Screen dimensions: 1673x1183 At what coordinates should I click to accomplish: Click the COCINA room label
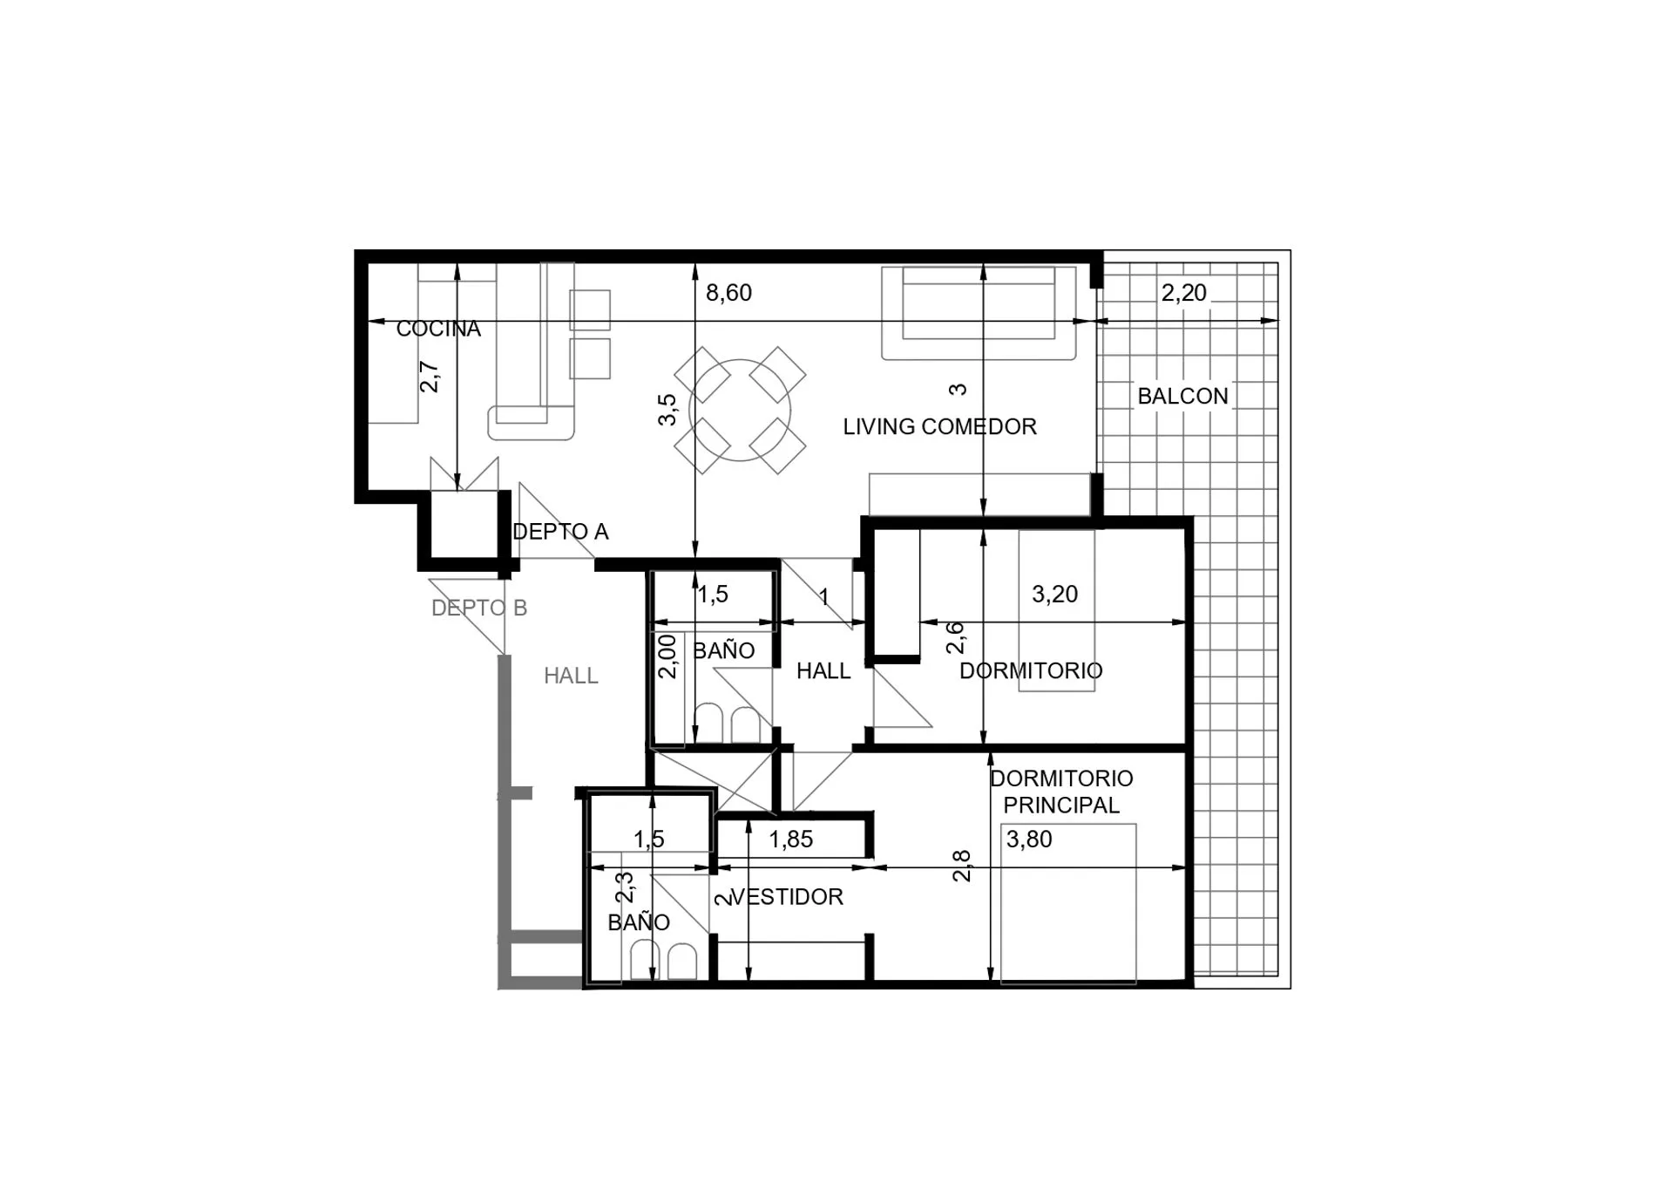pyautogui.click(x=438, y=329)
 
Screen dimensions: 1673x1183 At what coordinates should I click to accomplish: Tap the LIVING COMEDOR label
pyautogui.click(x=939, y=426)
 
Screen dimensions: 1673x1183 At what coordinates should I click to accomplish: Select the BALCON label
pyautogui.click(x=1182, y=396)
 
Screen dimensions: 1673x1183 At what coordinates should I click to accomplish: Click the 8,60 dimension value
pyautogui.click(x=728, y=293)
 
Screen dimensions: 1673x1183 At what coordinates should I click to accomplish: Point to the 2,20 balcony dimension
pyautogui.click(x=1183, y=293)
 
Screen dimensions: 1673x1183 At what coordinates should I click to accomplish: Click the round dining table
pyautogui.click(x=740, y=411)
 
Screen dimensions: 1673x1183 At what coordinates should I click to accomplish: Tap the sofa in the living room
pyautogui.click(x=978, y=313)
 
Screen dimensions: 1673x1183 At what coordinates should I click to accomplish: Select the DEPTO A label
pyautogui.click(x=560, y=532)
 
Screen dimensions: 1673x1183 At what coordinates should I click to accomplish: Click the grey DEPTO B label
pyautogui.click(x=479, y=608)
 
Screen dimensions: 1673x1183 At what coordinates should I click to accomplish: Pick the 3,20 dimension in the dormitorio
pyautogui.click(x=1054, y=595)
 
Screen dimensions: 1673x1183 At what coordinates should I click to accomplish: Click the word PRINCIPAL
pyautogui.click(x=1061, y=806)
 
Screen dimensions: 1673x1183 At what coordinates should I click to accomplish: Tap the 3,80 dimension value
pyautogui.click(x=1029, y=840)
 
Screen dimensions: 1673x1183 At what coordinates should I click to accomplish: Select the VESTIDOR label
pyautogui.click(x=787, y=897)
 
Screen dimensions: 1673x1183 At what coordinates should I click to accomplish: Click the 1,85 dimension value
pyautogui.click(x=791, y=840)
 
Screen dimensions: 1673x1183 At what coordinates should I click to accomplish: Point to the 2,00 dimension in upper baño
pyautogui.click(x=667, y=656)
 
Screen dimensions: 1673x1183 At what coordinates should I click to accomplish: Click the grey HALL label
pyautogui.click(x=571, y=676)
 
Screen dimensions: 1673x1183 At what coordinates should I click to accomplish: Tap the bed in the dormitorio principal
pyautogui.click(x=1068, y=904)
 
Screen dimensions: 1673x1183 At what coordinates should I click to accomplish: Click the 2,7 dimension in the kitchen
pyautogui.click(x=430, y=377)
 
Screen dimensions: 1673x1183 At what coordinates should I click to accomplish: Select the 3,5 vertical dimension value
pyautogui.click(x=667, y=410)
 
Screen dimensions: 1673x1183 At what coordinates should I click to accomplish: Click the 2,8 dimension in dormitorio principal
pyautogui.click(x=961, y=867)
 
